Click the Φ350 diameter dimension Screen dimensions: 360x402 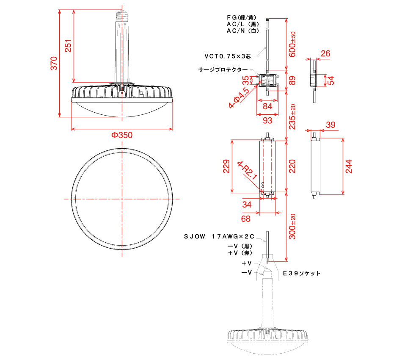pos(122,136)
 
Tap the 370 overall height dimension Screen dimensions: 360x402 pos(53,63)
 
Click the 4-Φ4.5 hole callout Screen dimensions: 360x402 pos(239,98)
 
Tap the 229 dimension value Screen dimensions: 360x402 pos(226,166)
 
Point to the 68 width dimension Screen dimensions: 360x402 pos(245,219)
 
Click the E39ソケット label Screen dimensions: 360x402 pos(301,274)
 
